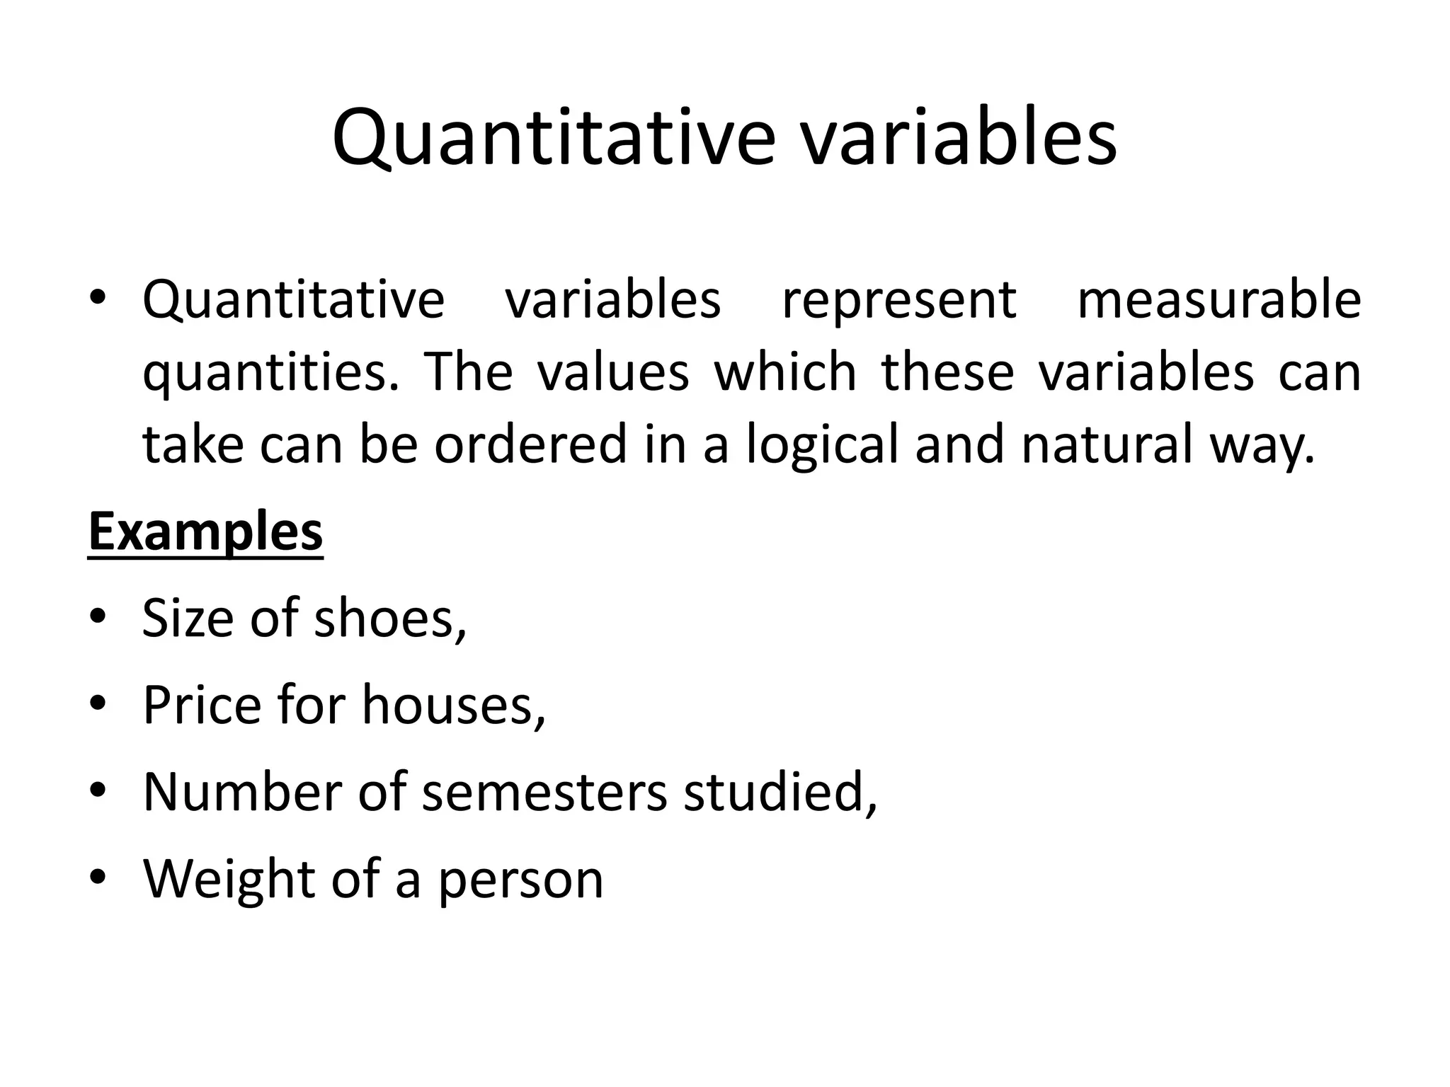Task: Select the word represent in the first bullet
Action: click(899, 300)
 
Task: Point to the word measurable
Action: click(1218, 300)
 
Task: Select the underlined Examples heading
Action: click(205, 533)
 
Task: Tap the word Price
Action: click(202, 705)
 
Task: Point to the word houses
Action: click(454, 706)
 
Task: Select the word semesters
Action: click(544, 792)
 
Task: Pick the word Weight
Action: click(229, 880)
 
